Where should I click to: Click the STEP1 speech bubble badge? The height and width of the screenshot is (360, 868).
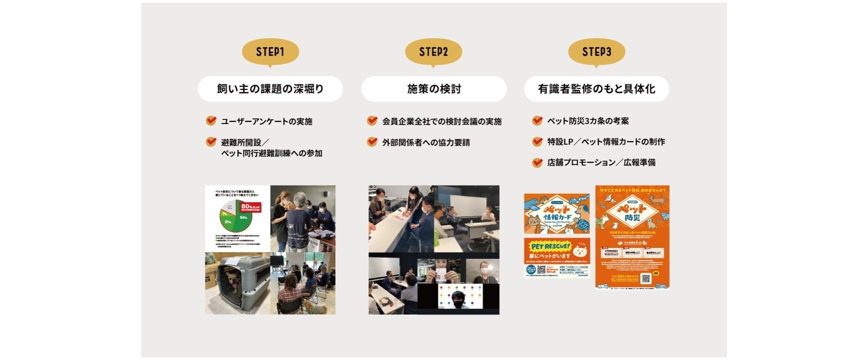(x=270, y=52)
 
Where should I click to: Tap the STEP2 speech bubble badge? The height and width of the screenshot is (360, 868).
(x=433, y=52)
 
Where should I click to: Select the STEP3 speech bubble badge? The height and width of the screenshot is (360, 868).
(x=596, y=52)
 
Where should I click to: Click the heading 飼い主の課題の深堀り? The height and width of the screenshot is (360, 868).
(x=270, y=89)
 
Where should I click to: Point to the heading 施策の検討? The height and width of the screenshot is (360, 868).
(x=434, y=89)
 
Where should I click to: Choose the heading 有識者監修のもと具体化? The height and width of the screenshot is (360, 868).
(x=596, y=89)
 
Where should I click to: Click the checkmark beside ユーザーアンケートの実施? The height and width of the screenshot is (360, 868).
(x=211, y=121)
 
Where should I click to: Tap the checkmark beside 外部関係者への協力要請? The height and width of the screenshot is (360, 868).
(x=372, y=142)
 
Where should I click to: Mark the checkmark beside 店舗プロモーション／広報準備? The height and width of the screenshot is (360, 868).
(x=537, y=163)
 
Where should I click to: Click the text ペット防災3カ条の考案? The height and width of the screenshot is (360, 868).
(x=588, y=121)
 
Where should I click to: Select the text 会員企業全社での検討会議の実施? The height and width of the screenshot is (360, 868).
(x=442, y=121)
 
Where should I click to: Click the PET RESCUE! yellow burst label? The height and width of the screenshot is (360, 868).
(x=550, y=247)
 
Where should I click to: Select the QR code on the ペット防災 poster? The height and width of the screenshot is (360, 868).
(x=646, y=279)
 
